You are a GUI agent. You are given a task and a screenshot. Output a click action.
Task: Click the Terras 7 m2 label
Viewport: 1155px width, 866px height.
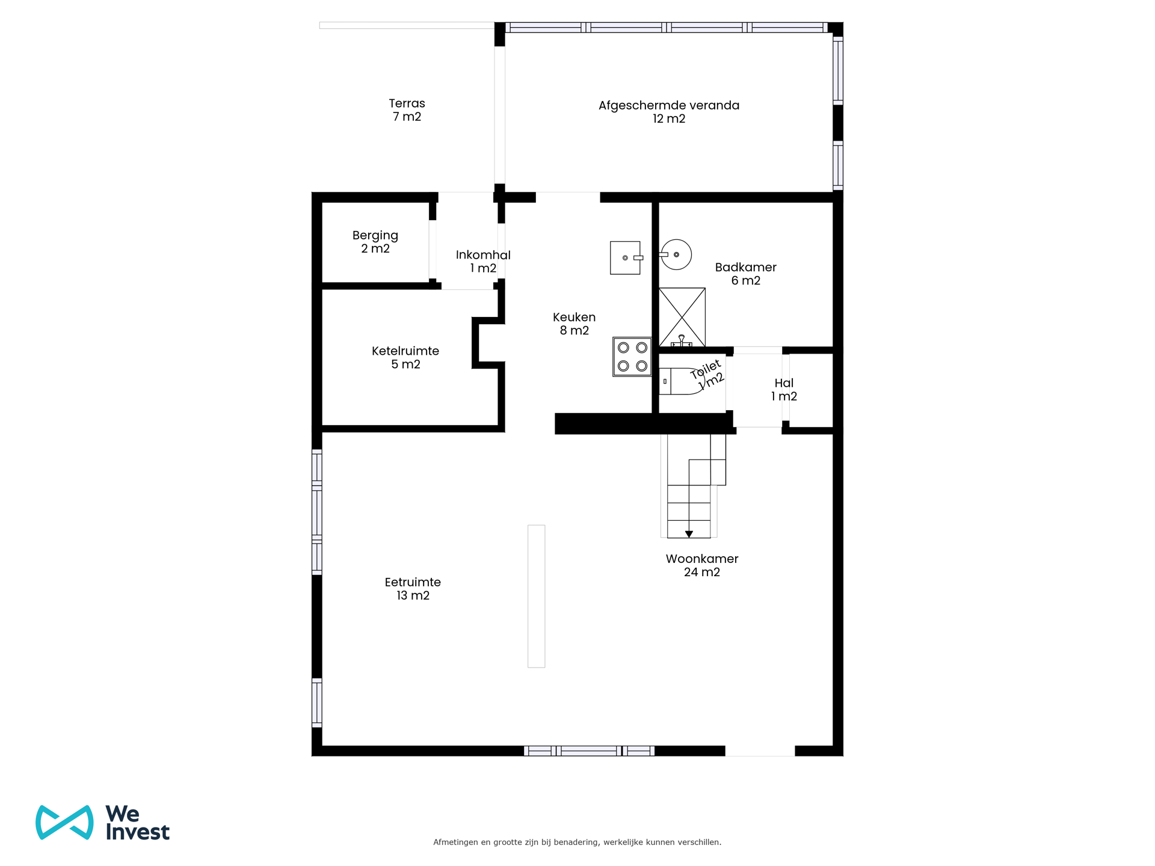pyautogui.click(x=407, y=110)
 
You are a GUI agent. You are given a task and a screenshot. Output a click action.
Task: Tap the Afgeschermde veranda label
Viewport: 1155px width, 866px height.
pyautogui.click(x=668, y=112)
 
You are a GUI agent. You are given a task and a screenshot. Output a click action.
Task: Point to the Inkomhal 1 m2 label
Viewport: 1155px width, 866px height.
pyautogui.click(x=483, y=262)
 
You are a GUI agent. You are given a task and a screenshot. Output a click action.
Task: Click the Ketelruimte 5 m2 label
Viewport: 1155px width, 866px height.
pyautogui.click(x=405, y=357)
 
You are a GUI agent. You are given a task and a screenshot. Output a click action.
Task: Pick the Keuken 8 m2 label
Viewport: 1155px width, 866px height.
pyautogui.click(x=574, y=324)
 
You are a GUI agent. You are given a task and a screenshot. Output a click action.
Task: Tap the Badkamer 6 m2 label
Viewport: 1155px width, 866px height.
pyautogui.click(x=745, y=274)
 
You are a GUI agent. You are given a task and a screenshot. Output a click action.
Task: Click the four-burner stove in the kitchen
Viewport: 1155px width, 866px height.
pyautogui.click(x=632, y=357)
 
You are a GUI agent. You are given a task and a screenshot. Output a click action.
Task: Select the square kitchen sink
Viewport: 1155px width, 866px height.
pyautogui.click(x=625, y=258)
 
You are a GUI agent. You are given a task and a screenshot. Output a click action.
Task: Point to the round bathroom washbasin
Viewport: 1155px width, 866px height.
pyautogui.click(x=676, y=254)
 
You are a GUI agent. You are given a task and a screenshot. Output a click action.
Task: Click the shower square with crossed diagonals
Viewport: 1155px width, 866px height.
pyautogui.click(x=682, y=316)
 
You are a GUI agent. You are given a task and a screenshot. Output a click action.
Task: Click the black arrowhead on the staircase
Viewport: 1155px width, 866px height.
pyautogui.click(x=689, y=534)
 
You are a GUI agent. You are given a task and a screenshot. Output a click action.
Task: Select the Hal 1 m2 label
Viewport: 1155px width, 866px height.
pyautogui.click(x=784, y=390)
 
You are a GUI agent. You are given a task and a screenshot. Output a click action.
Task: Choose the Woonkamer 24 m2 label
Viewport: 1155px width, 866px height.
pyautogui.click(x=701, y=565)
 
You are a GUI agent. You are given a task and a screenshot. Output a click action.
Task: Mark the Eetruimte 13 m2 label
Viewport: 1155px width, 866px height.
pyautogui.click(x=413, y=589)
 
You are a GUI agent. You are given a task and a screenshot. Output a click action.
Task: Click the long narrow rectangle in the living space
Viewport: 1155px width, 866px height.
pyautogui.click(x=536, y=596)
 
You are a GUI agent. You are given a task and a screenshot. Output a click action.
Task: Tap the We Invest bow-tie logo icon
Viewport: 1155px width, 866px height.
pyautogui.click(x=64, y=822)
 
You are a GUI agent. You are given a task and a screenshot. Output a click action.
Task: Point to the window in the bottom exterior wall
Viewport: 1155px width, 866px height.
pyautogui.click(x=589, y=751)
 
